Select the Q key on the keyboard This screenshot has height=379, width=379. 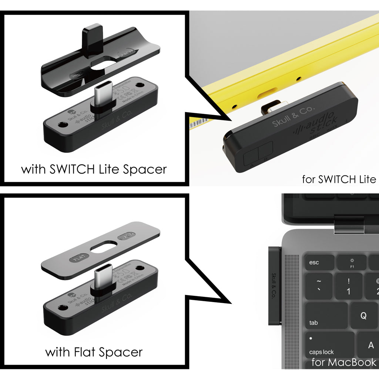pyautogui.click(x=363, y=316)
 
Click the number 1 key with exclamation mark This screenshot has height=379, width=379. pyautogui.click(x=348, y=286)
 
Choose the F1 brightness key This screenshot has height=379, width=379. pyautogui.click(x=352, y=262)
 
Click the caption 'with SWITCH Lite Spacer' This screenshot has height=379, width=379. pyautogui.click(x=94, y=170)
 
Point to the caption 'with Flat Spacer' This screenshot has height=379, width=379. pyautogui.click(x=94, y=352)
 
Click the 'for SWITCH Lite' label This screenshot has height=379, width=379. pyautogui.click(x=339, y=180)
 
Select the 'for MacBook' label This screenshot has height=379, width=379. pyautogui.click(x=344, y=362)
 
